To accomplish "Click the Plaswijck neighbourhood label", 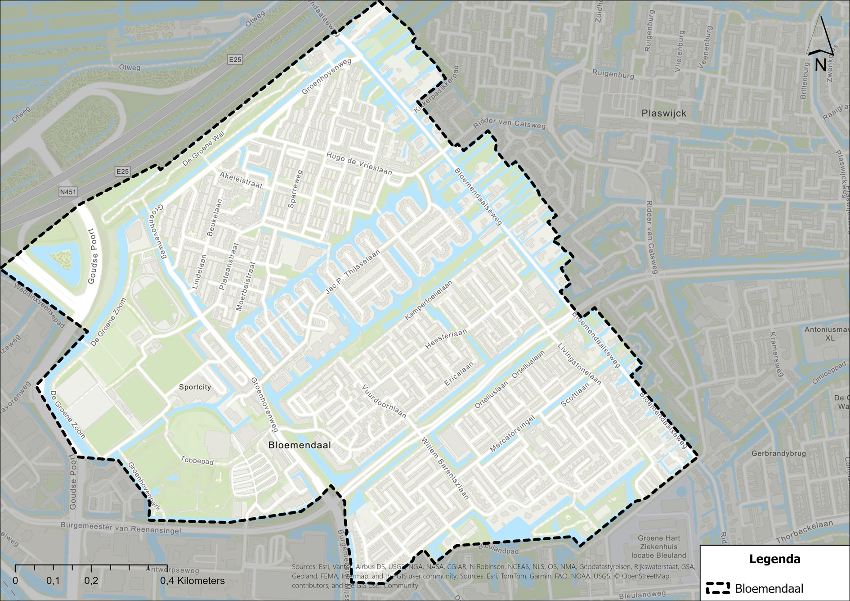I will tap(663, 113).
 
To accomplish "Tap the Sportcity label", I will tap(195, 387).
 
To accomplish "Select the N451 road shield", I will tap(68, 192).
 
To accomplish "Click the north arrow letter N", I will tap(820, 66).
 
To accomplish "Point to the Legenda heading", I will tap(774, 559).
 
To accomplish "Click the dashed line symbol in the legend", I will tap(718, 588).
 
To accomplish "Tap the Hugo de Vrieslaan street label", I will tap(359, 163).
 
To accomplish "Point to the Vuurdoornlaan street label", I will tap(384, 401).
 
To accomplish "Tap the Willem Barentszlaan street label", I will tap(445, 469).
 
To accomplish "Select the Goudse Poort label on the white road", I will tap(93, 256).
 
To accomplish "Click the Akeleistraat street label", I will tap(241, 180).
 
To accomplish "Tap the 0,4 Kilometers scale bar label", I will tap(192, 581).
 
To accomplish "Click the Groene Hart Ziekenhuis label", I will tap(658, 547).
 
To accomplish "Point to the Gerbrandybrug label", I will tap(778, 453).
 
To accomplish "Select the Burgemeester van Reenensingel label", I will tap(121, 528).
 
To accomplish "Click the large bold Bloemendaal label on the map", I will tap(300, 445).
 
